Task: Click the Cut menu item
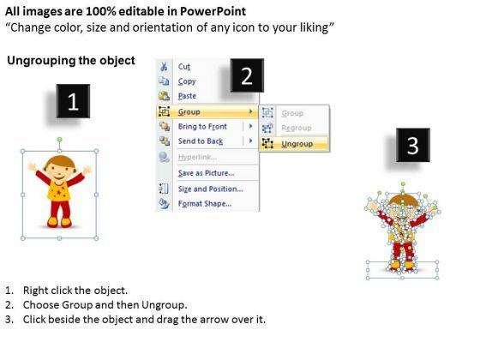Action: click(x=184, y=67)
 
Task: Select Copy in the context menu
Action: click(x=187, y=81)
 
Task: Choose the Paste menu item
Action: click(x=187, y=96)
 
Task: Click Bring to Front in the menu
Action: click(x=202, y=127)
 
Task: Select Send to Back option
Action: click(x=201, y=141)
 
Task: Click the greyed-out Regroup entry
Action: click(x=297, y=128)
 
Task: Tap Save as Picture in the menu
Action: click(x=206, y=173)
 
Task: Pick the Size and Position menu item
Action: click(x=210, y=189)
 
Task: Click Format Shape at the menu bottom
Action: click(x=205, y=204)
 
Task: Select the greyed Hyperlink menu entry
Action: click(x=197, y=158)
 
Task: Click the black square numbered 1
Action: click(x=73, y=101)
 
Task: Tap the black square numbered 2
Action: click(x=247, y=75)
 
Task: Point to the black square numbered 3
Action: click(x=413, y=145)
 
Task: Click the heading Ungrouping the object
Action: click(x=71, y=61)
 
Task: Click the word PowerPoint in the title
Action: click(x=213, y=11)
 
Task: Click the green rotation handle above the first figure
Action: click(x=60, y=140)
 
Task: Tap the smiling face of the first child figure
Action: click(x=59, y=171)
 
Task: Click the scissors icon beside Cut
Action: click(x=164, y=67)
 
